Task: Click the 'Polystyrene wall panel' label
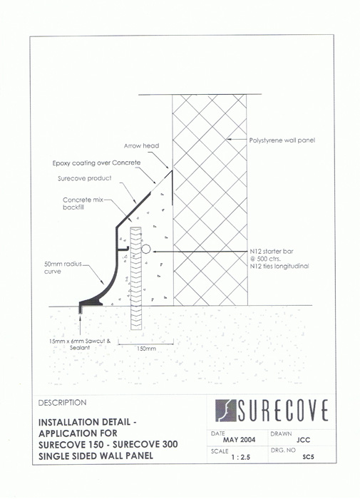[x=282, y=140]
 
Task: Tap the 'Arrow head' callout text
[x=141, y=145]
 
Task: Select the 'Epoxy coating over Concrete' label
[x=96, y=163]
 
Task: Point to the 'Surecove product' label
[x=85, y=178]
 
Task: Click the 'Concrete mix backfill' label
[x=82, y=204]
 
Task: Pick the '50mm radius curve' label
[x=63, y=267]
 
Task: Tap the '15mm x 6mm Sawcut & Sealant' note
[x=80, y=344]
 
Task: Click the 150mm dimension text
[x=146, y=349]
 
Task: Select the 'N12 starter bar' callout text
[x=272, y=252]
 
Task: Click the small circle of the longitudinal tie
[x=146, y=249]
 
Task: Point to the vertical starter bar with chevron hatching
[x=136, y=278]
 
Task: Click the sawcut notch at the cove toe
[x=81, y=309]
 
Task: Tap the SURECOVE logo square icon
[x=226, y=411]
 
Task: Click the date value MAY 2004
[x=239, y=440]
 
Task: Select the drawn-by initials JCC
[x=303, y=440]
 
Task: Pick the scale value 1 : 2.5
[x=241, y=458]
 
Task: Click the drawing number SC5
[x=308, y=457]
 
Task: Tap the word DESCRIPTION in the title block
[x=63, y=403]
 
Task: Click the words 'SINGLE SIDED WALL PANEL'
[x=96, y=456]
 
